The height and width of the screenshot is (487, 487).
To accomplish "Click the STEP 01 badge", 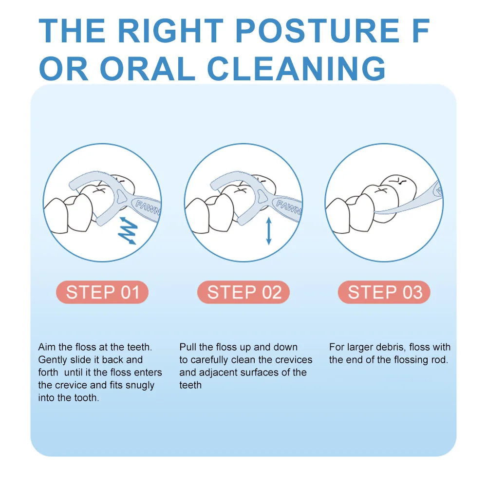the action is pos(102,292).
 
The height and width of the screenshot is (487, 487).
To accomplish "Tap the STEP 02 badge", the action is pos(243,292).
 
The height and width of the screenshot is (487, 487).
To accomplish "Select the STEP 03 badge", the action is pos(384,292).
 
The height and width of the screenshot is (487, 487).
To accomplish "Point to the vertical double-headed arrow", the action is pos(269,231).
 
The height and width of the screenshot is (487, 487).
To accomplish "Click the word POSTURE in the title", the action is pos(317,31).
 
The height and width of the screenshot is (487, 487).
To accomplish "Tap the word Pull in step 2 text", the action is pos(187,347).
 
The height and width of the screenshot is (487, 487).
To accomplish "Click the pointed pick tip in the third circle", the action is pos(375,212).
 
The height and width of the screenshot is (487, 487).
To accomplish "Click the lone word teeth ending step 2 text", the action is pos(190,385).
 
